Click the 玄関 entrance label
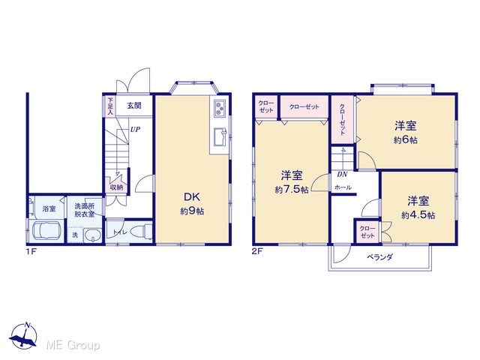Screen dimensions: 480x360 coord(134,106)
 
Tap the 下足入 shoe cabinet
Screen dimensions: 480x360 coord(110,106)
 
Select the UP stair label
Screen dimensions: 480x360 coord(135,130)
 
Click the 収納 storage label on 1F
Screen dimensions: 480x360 coord(117,187)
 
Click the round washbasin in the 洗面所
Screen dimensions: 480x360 coord(92,236)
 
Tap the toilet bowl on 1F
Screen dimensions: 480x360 coord(141,231)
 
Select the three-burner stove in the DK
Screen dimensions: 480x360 coord(220,108)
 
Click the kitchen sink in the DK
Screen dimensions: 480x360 coord(220,136)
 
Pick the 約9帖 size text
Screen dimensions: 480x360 coord(192,211)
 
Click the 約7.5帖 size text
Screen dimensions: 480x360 coord(292,190)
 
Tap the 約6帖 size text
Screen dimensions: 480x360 coord(405,140)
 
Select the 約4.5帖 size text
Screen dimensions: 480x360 coord(418,215)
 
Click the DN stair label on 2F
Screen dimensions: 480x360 coord(342,175)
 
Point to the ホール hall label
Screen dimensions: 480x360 coord(343,187)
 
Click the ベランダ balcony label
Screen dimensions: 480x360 coord(379,257)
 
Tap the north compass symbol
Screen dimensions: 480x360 coord(23,336)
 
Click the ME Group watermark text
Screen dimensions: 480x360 coord(73,345)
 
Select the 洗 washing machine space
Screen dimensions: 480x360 coord(75,235)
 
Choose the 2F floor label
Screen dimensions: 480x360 coord(257,252)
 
